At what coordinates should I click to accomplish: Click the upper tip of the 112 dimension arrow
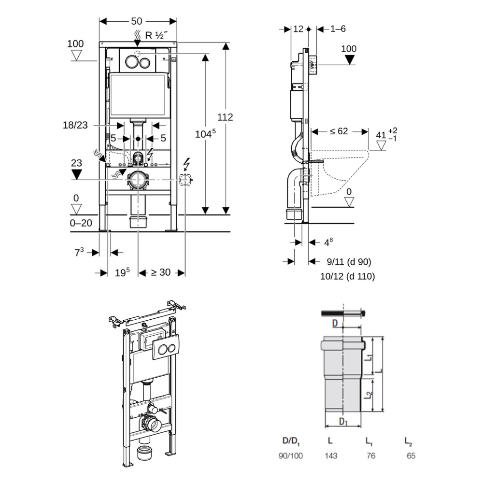226,43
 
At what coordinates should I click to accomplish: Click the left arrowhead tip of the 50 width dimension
99,21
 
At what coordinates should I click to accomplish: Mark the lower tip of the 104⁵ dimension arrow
205,214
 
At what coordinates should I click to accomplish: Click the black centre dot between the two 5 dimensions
138,139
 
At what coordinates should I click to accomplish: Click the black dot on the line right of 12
309,29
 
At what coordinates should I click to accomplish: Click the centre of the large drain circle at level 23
138,180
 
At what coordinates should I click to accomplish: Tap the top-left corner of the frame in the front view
99,42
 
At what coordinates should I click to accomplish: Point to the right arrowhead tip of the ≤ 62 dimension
369,132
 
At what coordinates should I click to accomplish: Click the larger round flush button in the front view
131,62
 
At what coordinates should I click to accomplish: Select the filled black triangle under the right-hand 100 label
349,60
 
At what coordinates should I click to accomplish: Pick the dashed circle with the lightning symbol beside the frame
185,180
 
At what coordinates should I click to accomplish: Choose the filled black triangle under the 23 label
76,174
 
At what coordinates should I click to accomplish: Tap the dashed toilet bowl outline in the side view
340,172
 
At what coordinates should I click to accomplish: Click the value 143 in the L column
330,455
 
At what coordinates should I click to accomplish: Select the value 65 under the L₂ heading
411,455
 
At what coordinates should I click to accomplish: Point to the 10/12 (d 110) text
347,276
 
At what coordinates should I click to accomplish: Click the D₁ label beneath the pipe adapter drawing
343,421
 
